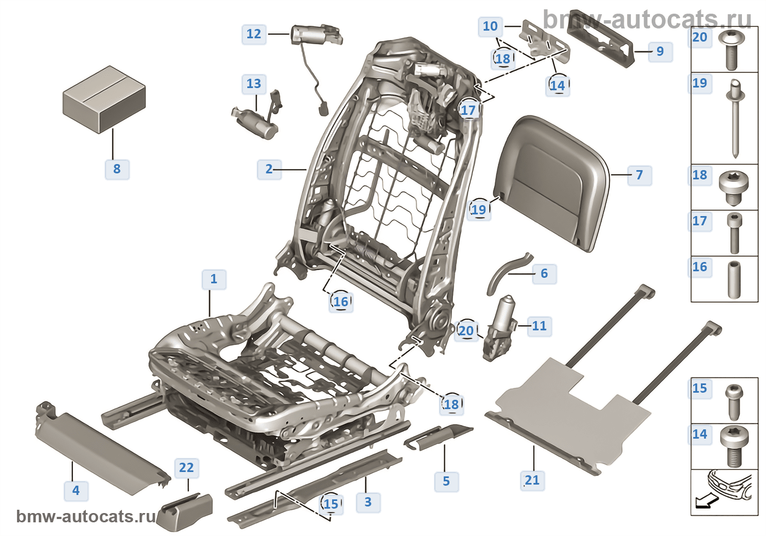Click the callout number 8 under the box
(x=117, y=169)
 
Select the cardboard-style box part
(x=104, y=100)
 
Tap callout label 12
(x=254, y=34)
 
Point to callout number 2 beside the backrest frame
(x=269, y=169)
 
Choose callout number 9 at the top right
(x=660, y=51)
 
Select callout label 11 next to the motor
(x=539, y=326)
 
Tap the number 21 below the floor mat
(x=532, y=480)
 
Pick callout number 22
(x=187, y=468)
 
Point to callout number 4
(x=76, y=491)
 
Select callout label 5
(x=446, y=481)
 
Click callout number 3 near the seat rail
(x=368, y=502)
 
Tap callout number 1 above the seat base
(x=214, y=279)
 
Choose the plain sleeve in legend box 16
(x=734, y=279)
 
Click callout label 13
(x=254, y=84)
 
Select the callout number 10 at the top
(x=490, y=26)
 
